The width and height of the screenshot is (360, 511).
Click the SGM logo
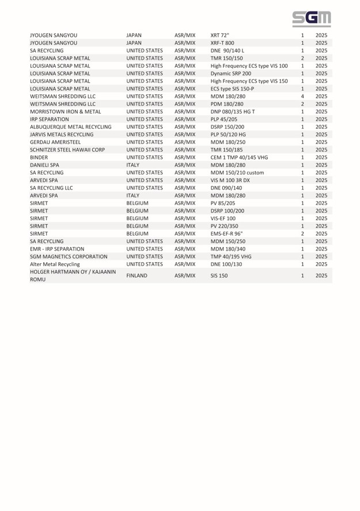311,19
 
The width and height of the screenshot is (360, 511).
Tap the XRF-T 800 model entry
222,43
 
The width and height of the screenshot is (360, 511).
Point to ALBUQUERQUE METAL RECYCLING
70,127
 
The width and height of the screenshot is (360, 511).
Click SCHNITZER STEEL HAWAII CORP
67,150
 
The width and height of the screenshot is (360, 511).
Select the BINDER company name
39,157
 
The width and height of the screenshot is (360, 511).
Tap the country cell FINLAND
137,276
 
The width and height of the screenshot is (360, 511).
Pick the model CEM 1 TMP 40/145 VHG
239,157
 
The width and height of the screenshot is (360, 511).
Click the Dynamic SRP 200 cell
230,73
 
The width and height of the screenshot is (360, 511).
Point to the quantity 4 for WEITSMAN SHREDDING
302,96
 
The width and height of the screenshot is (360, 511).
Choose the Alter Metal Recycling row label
55,264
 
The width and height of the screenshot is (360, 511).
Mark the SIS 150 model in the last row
219,276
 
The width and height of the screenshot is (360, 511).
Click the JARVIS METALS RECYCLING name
61,134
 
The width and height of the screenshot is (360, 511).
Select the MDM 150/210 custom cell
237,172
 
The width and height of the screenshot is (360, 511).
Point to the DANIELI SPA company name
44,165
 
